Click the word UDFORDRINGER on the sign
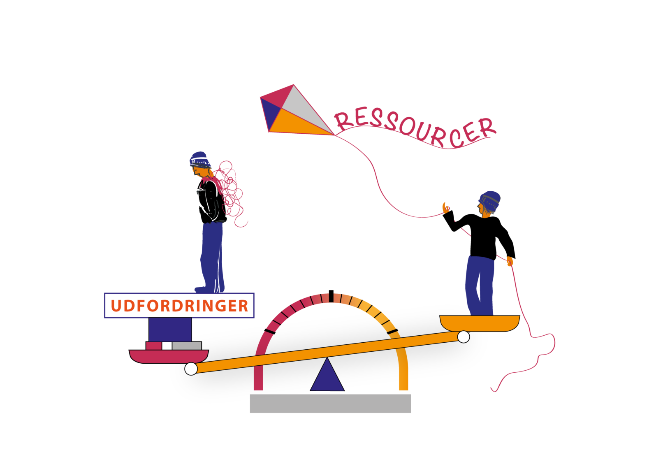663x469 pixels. pyautogui.click(x=179, y=306)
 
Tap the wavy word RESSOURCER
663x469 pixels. pyautogui.click(x=415, y=128)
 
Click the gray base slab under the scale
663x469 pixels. pyautogui.click(x=330, y=403)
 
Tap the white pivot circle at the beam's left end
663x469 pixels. pyautogui.click(x=191, y=369)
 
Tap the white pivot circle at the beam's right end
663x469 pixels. pyautogui.click(x=464, y=337)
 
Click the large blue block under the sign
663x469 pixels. pyautogui.click(x=170, y=330)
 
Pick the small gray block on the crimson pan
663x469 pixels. pyautogui.click(x=187, y=346)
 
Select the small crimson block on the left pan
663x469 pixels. pyautogui.click(x=154, y=346)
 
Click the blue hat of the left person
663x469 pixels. pyautogui.click(x=199, y=159)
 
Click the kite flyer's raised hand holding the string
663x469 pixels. pyautogui.click(x=446, y=208)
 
